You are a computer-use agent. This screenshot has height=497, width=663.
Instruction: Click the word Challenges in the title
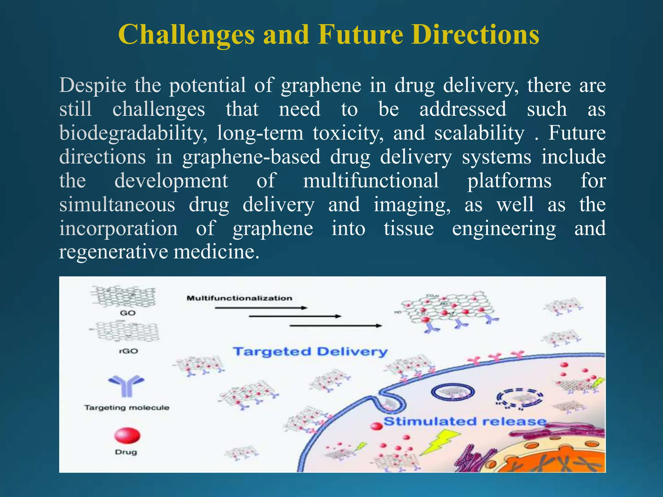[x=186, y=35]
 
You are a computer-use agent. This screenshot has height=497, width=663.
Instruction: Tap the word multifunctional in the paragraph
[x=371, y=181]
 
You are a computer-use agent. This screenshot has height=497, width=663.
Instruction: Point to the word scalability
[x=479, y=133]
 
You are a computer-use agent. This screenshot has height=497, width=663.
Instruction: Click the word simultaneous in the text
[x=117, y=204]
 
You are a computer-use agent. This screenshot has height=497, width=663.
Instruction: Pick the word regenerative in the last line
[x=114, y=252]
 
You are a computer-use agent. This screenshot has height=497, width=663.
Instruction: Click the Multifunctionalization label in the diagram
[x=239, y=298]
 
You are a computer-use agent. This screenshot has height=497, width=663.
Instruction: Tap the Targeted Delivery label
[x=310, y=351]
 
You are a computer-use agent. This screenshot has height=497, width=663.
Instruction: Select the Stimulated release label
[x=465, y=421]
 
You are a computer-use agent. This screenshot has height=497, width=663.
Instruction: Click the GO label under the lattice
[x=128, y=313]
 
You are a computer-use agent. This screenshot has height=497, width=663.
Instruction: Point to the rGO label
[x=129, y=351]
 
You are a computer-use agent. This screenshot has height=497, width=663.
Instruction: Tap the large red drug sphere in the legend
[x=127, y=436]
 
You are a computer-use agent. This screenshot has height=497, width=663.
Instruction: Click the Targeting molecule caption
[x=127, y=407]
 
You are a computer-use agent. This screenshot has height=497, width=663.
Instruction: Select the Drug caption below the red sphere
[x=126, y=452]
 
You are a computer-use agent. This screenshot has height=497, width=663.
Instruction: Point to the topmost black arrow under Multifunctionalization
[x=261, y=308]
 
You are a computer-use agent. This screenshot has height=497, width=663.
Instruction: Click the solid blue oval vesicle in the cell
[x=453, y=392]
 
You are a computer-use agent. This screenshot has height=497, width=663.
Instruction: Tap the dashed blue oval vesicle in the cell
[x=519, y=398]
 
